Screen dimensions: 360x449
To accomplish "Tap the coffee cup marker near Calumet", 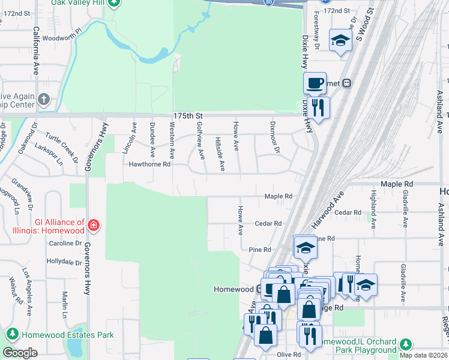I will click(315, 83).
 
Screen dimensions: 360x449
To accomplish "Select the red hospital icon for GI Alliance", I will click(93, 226).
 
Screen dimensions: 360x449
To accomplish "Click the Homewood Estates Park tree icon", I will click(12, 334).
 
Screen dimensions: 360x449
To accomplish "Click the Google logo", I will click(20, 353).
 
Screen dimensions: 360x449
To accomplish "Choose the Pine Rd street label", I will click(260, 249).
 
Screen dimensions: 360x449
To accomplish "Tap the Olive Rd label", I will click(289, 355).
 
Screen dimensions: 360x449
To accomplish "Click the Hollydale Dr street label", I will click(64, 262).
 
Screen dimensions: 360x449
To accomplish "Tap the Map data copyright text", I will click(424, 355).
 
